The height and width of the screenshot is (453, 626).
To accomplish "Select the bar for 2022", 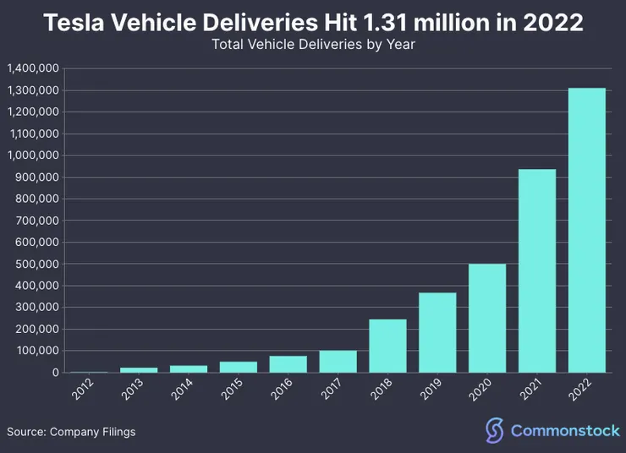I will [586, 230].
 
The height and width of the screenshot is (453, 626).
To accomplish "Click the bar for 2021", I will [537, 270].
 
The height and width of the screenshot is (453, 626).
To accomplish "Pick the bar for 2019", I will [437, 332].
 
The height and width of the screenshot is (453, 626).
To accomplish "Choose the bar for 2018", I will [387, 346].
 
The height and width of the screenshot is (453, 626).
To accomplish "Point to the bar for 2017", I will [338, 362].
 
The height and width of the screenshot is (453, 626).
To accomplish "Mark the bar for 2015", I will [239, 367].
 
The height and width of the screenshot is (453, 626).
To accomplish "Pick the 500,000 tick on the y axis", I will [37, 264].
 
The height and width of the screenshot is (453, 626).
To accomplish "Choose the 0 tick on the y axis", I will [55, 373].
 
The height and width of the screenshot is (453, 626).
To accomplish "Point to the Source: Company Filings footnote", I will [71, 432].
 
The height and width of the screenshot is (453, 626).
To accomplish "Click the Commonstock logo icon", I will [495, 430].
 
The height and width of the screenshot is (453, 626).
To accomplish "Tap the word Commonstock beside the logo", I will [565, 431].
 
